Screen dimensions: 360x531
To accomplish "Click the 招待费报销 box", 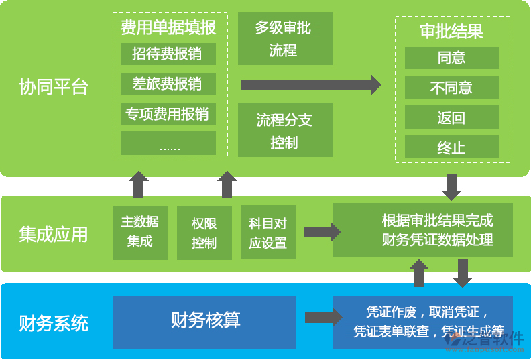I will pos(168,54).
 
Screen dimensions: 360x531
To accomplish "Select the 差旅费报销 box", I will pos(168,84).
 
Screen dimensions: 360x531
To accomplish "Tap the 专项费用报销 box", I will pos(168,114).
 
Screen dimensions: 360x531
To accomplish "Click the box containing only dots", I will pos(168,144).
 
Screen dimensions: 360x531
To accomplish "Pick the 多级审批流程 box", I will pos(285,39).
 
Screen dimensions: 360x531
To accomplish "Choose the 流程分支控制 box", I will pos(285,130).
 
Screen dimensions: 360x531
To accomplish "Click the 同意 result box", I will pos(451,58).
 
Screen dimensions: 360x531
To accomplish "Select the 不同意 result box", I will pos(451,88).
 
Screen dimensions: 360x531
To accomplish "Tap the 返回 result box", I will pos(451,118).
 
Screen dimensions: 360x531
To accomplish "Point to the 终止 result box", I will pos(451,147).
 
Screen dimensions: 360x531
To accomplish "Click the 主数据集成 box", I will pos(139,232).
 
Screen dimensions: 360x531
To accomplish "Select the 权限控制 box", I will pos(204,232).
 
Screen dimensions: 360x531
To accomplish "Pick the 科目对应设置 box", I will pos(268,232).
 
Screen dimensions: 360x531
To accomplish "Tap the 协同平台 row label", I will pos(54,87).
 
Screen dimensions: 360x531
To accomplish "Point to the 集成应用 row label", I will pos(54,234).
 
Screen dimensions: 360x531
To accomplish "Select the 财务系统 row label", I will pos(54,324).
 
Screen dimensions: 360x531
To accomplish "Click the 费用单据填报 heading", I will pos(168,27).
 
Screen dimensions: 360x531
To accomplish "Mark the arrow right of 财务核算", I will pos(322,318).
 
